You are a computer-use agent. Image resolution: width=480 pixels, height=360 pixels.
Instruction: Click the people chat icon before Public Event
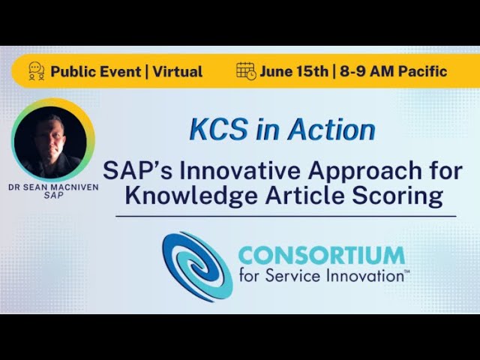(x=36, y=71)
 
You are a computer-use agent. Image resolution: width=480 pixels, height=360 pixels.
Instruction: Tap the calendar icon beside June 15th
(x=246, y=71)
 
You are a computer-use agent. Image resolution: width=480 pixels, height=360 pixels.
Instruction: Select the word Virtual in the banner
(x=177, y=72)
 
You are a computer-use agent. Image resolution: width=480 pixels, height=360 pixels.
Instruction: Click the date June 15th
(x=294, y=72)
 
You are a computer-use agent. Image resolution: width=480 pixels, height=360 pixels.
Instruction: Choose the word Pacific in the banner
(x=421, y=72)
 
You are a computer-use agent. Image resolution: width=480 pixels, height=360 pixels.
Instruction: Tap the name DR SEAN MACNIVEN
(x=53, y=187)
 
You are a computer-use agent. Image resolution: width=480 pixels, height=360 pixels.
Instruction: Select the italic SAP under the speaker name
(x=53, y=196)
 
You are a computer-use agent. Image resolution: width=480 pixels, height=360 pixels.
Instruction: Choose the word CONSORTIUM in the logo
(x=321, y=256)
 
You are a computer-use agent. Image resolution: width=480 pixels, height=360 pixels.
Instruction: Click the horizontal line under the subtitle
(x=286, y=216)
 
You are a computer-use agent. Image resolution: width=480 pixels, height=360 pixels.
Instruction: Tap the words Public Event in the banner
(x=95, y=72)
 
